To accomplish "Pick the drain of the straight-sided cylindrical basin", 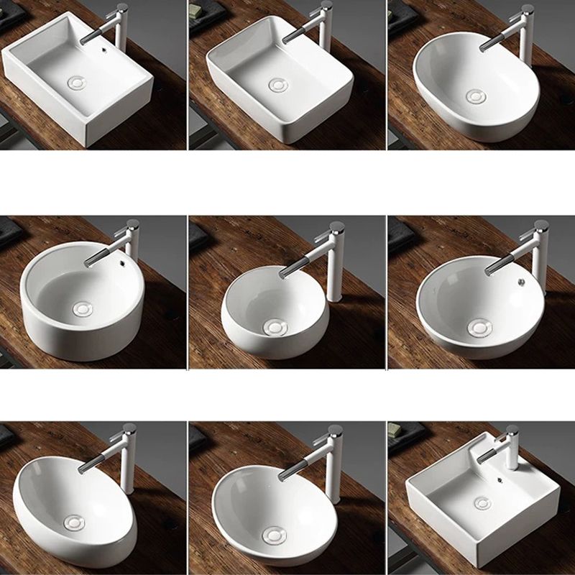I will coord(83,308).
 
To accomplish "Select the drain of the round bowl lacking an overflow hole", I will coord(275,328).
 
